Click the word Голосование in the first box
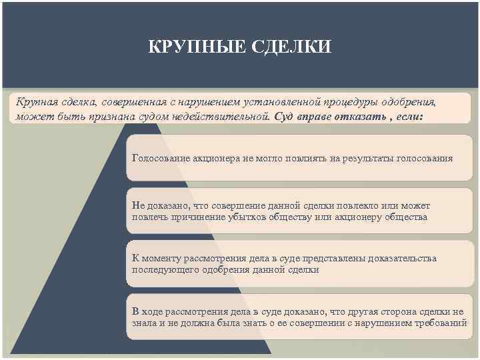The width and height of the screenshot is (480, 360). coord(161,159)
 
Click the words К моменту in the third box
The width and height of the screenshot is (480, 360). coord(155,258)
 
